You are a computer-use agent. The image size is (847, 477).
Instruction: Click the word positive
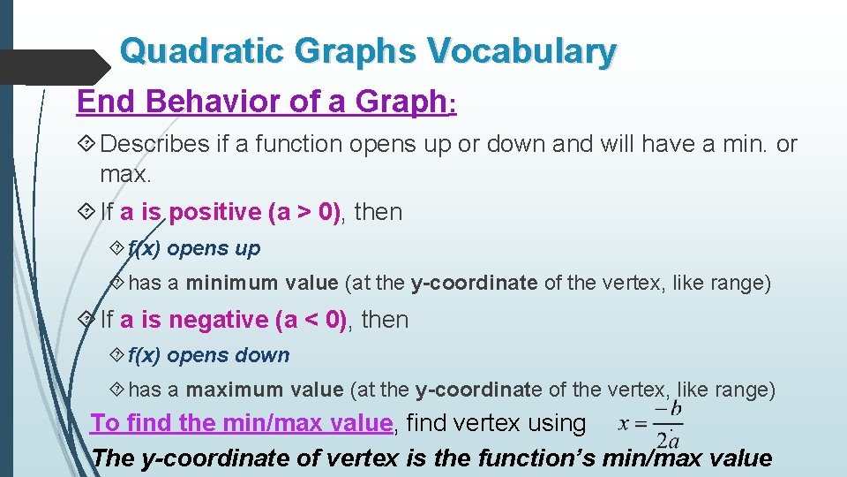tap(204, 212)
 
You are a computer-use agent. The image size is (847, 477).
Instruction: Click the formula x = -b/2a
tap(651, 424)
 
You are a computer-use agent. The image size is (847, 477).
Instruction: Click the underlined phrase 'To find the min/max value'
tap(242, 423)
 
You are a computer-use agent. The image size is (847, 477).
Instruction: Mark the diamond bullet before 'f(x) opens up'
tap(119, 249)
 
